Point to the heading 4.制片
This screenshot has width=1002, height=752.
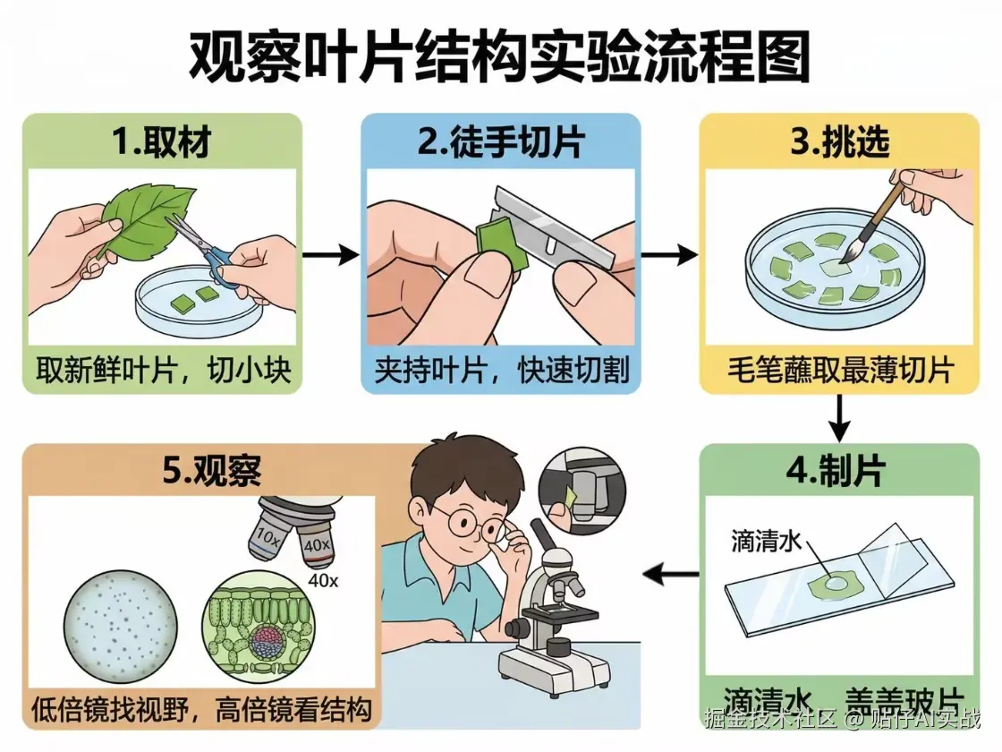point(838,473)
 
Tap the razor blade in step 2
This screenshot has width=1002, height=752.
point(555,224)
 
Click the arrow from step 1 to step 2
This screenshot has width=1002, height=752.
point(330,255)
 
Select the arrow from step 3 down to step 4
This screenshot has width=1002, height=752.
point(838,417)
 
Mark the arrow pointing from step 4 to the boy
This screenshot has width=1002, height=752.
point(671,573)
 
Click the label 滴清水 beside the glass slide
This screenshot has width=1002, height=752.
point(766,541)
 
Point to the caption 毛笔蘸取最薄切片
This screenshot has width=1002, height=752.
point(838,370)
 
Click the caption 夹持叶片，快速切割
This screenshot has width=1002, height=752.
point(501,370)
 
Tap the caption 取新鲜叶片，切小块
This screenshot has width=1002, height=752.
point(164,370)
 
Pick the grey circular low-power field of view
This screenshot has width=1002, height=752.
point(120,623)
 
